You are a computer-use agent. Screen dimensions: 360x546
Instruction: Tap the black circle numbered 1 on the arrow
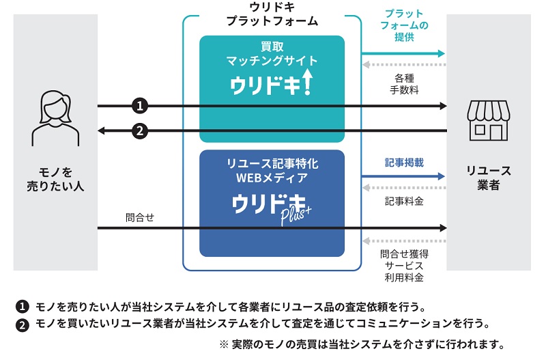[x=139, y=106]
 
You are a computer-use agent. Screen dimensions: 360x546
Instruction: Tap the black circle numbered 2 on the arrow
[x=139, y=130]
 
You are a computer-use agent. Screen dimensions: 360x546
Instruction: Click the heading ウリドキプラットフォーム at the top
[x=272, y=14]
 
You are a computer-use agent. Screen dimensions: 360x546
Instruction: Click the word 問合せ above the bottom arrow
[x=140, y=217]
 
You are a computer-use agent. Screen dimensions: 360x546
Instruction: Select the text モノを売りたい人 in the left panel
[x=56, y=178]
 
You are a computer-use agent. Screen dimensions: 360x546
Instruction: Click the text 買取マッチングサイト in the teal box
[x=272, y=54]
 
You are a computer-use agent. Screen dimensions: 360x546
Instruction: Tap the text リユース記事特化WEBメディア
[x=272, y=171]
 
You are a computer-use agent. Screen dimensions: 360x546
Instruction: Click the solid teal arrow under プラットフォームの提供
[x=403, y=53]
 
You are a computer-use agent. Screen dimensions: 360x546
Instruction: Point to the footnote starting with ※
[x=362, y=344]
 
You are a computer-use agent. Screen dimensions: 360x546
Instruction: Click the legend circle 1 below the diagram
[x=23, y=306]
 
